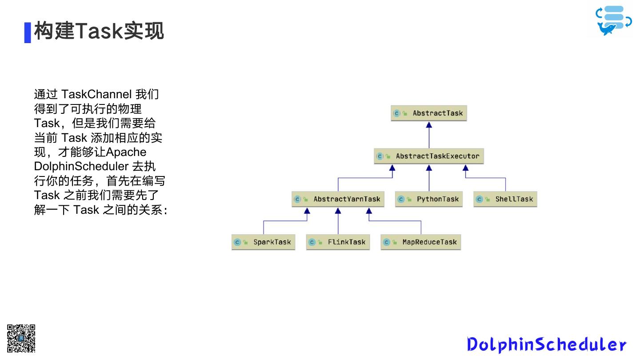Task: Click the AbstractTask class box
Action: pyautogui.click(x=429, y=113)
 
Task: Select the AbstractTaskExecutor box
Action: pyautogui.click(x=429, y=156)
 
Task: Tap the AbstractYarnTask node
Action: pyautogui.click(x=338, y=199)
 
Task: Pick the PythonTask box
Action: pyautogui.click(x=429, y=199)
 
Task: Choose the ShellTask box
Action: pyautogui.click(x=505, y=199)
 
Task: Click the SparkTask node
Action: pyautogui.click(x=264, y=242)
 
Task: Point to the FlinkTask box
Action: pyautogui.click(x=338, y=242)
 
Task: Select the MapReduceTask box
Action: pyautogui.click(x=420, y=242)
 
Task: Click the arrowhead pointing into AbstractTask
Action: pyautogui.click(x=429, y=125)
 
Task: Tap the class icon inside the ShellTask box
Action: pyautogui.click(x=479, y=199)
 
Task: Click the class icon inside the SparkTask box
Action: pyautogui.click(x=237, y=242)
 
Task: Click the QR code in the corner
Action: pyautogui.click(x=21, y=339)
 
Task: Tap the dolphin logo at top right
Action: pyautogui.click(x=614, y=20)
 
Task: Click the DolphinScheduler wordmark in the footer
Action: pyautogui.click(x=546, y=344)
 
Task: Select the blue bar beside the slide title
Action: pyautogui.click(x=28, y=32)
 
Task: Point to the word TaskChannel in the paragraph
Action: pyautogui.click(x=96, y=94)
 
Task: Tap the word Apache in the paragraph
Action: pyautogui.click(x=126, y=152)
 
